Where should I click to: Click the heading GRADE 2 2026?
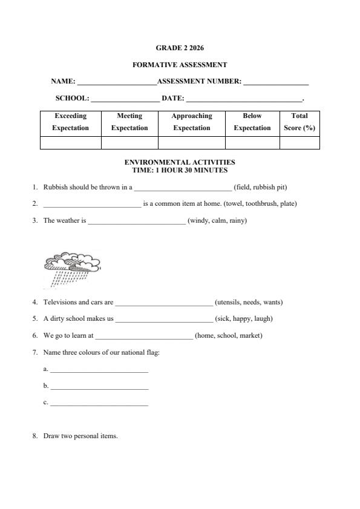click(180, 47)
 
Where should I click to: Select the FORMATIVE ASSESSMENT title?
click(180, 65)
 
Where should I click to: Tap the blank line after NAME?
click(116, 82)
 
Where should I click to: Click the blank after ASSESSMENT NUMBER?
click(275, 82)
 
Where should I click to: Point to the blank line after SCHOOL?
click(125, 98)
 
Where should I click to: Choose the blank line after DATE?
click(244, 98)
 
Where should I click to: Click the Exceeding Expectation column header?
click(70, 122)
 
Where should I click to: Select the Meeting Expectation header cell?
click(129, 122)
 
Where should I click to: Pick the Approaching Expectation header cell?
click(191, 122)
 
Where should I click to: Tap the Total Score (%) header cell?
click(299, 122)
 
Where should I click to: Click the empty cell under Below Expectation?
click(252, 143)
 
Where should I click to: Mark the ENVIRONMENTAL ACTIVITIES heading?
click(180, 162)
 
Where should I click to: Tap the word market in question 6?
click(250, 335)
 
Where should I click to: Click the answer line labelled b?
click(99, 386)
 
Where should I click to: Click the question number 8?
click(35, 436)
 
